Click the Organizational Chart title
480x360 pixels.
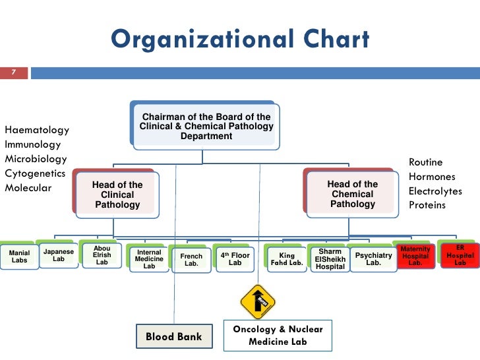pyautogui.click(x=240, y=40)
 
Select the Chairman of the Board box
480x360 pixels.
pyautogui.click(x=206, y=126)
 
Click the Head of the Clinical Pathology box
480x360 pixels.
pyautogui.click(x=117, y=195)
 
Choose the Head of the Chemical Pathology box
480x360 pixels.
pyautogui.click(x=353, y=194)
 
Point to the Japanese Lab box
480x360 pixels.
pyautogui.click(x=59, y=255)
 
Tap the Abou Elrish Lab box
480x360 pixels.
pyautogui.click(x=102, y=255)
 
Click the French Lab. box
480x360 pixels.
pyautogui.click(x=191, y=258)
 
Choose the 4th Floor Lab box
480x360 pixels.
pyautogui.click(x=235, y=258)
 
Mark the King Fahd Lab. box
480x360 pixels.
pyautogui.click(x=287, y=258)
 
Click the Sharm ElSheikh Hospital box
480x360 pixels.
pyautogui.click(x=330, y=258)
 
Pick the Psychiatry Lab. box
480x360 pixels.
pyautogui.click(x=373, y=258)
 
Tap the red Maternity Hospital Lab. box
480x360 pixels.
pyautogui.click(x=415, y=256)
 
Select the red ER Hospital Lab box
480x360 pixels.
pyautogui.click(x=460, y=255)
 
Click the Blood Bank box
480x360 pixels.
pyautogui.click(x=174, y=336)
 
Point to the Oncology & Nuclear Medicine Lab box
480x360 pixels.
pyautogui.click(x=278, y=335)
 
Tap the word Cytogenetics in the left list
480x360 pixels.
pyautogui.click(x=35, y=173)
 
